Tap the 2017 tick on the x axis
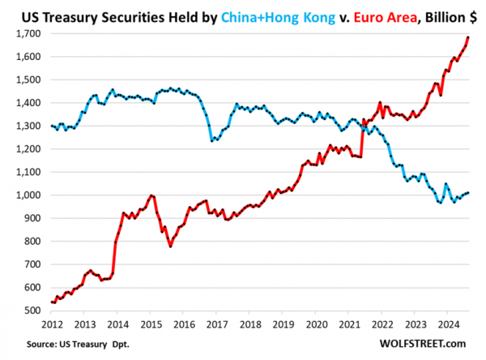pos(215,324)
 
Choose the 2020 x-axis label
pos(313,324)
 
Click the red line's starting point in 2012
pos(53,302)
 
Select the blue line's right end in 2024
pos(468,193)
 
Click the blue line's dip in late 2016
pos(212,141)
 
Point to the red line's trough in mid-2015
pos(170,246)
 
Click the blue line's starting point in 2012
pos(53,126)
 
